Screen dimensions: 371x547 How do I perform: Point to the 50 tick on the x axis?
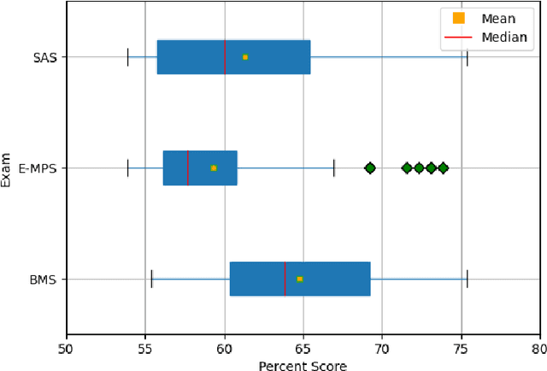67,348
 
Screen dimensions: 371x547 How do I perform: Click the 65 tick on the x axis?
303,348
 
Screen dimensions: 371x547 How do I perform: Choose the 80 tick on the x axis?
539,348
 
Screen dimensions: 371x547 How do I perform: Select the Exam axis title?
8,168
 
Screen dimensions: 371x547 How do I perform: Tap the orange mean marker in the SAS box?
245,57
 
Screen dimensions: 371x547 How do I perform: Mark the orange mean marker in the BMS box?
300,280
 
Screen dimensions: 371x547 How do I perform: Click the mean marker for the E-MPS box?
214,168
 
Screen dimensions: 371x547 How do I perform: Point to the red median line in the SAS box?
225,57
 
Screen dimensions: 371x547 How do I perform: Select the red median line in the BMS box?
285,280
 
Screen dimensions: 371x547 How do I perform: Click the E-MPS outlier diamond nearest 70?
370,168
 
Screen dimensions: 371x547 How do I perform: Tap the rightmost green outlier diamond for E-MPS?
443,168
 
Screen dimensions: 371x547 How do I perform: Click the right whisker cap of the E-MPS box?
334,168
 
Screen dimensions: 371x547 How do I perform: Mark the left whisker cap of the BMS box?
151,280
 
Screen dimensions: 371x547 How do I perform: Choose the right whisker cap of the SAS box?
467,57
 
